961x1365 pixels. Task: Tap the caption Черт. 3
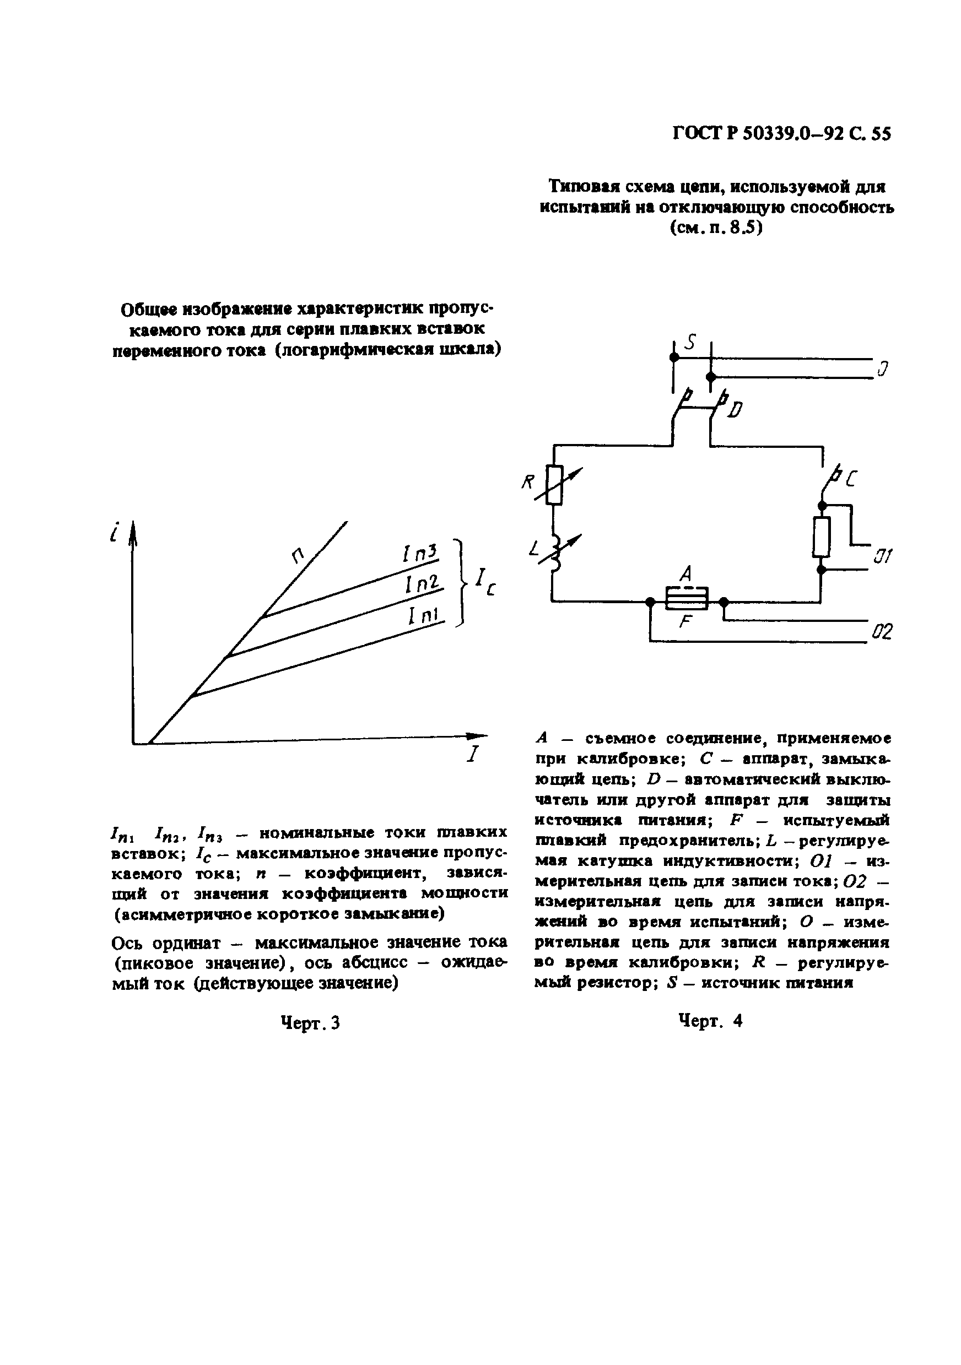click(310, 1022)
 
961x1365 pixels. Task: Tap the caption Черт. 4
click(710, 1021)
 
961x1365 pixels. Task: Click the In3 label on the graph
click(420, 554)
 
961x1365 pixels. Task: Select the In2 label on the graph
click(422, 584)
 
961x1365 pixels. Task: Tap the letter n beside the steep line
click(298, 555)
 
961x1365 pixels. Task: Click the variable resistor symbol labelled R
click(555, 485)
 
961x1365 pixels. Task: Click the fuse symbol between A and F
click(686, 598)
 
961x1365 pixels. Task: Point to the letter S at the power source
click(690, 343)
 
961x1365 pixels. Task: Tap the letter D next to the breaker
click(735, 410)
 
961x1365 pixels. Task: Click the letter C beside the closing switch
click(851, 479)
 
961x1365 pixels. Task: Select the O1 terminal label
click(882, 557)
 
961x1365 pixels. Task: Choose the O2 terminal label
click(882, 632)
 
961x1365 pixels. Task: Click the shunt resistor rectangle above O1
click(821, 537)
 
